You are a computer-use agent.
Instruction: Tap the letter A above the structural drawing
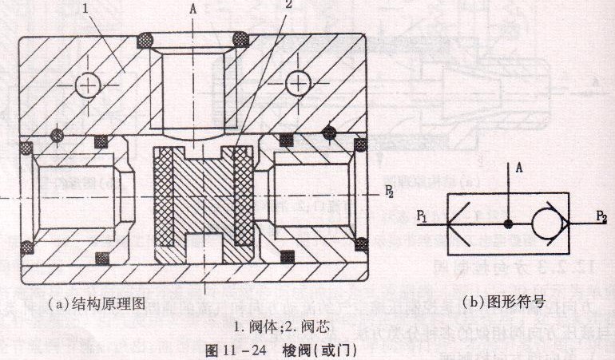192,10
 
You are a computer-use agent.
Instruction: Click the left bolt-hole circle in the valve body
85,83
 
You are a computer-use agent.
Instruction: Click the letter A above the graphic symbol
518,168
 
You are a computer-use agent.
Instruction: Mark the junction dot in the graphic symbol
509,223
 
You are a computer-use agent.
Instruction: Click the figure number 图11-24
234,349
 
